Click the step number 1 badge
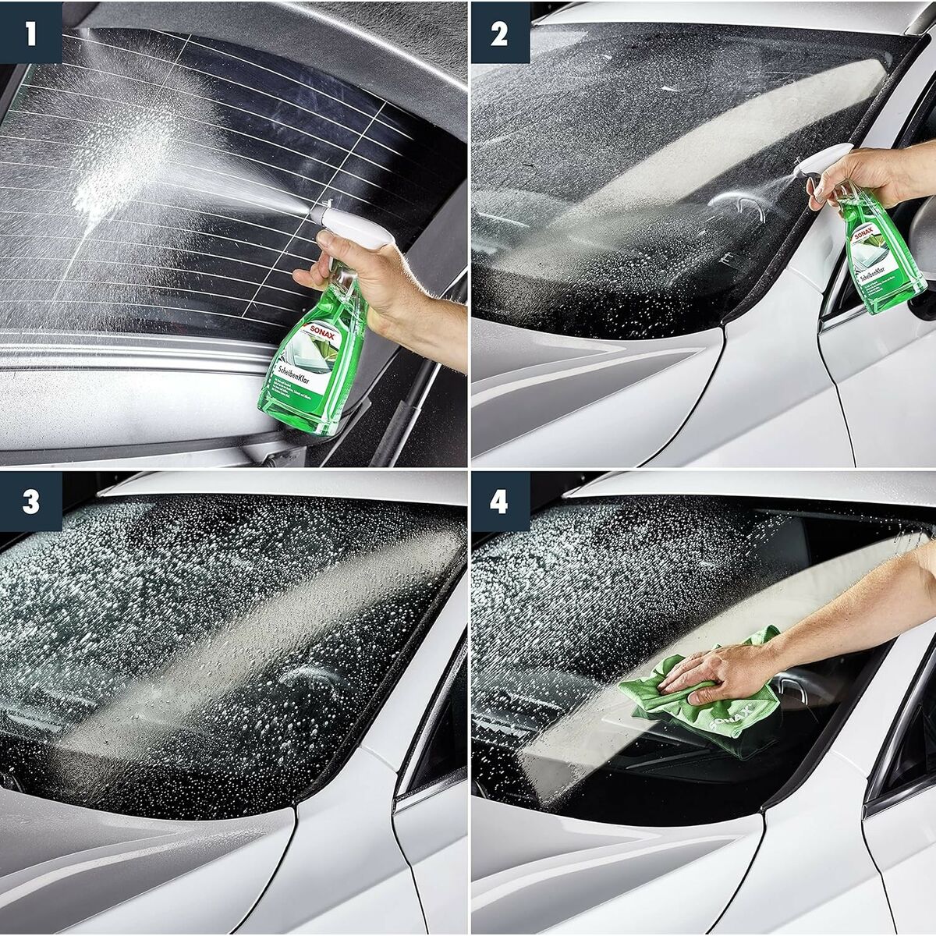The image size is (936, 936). coord(31,32)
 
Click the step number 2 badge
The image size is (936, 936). coord(500,32)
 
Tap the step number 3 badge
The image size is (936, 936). coord(31,502)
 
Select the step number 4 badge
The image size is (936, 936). coord(500,502)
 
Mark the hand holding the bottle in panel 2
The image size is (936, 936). coord(858,175)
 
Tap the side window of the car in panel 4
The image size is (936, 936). coord(909,725)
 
